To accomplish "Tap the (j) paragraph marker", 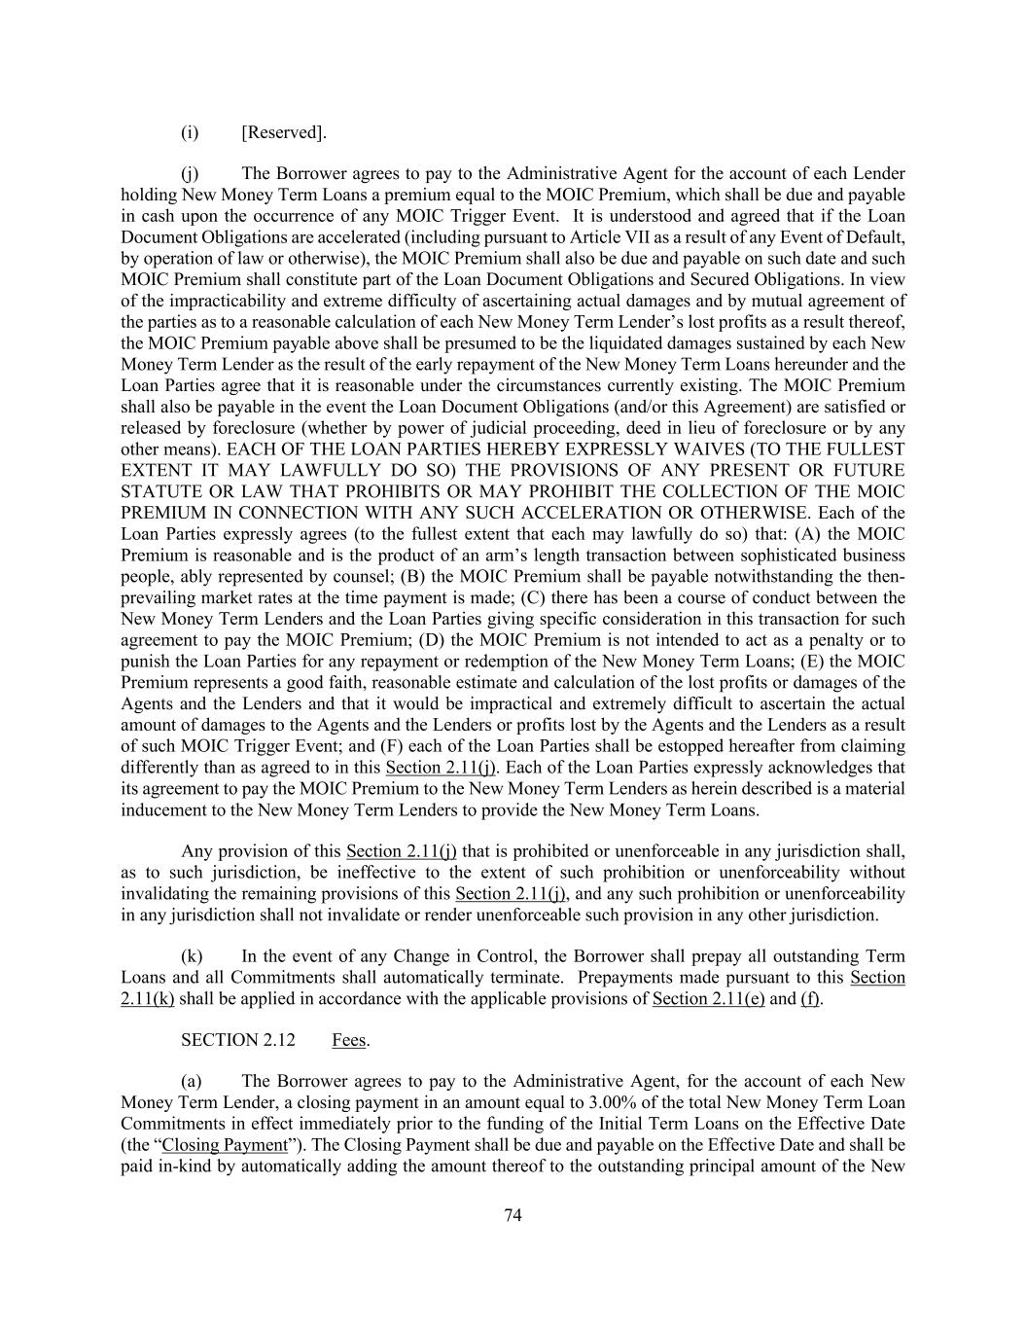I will coord(190,174).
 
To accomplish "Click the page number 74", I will coord(513,1214).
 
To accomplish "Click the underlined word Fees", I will coord(349,1040).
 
